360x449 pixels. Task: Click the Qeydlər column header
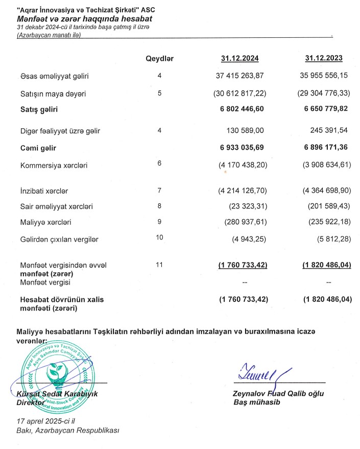[x=159, y=59]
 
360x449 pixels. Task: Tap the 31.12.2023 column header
[x=324, y=59]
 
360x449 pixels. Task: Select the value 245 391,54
[x=329, y=131]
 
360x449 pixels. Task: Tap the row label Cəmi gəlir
[x=38, y=148]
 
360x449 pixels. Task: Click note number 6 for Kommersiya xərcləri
[x=159, y=162]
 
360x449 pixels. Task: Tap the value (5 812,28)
[x=329, y=240]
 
